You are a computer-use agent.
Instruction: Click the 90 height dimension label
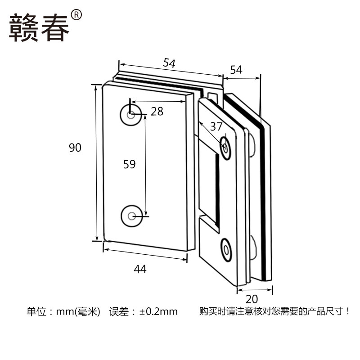tap(75, 147)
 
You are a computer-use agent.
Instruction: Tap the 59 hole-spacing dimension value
tap(129, 164)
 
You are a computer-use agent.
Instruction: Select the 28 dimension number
tap(157, 111)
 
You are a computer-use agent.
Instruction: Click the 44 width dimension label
tap(140, 269)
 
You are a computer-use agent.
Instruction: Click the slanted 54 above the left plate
tap(169, 63)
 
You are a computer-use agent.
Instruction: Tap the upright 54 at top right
tap(236, 70)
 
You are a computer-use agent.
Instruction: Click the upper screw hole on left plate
tap(130, 116)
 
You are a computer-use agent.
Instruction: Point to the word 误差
tap(118, 311)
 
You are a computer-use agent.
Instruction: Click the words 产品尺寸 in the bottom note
tap(330, 311)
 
